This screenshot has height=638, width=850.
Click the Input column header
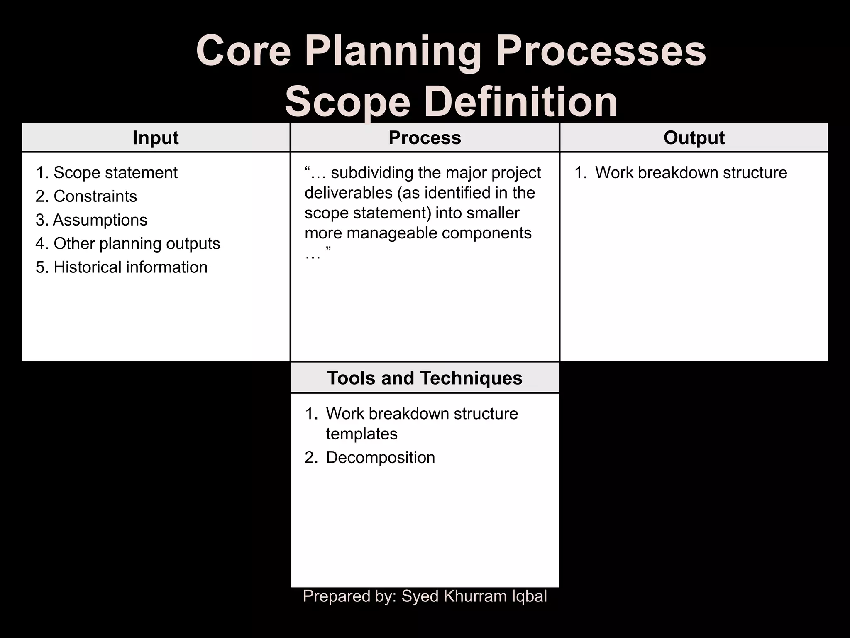156,138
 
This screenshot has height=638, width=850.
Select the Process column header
425,138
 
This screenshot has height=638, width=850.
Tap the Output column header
694,138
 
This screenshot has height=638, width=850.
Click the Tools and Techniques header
425,378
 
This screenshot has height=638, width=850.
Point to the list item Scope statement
115,173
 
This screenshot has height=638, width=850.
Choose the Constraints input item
95,196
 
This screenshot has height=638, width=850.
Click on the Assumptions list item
100,220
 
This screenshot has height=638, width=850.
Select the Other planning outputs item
137,244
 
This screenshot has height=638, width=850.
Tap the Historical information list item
130,267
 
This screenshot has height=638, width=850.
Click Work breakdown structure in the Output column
691,173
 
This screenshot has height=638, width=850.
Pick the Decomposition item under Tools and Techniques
380,458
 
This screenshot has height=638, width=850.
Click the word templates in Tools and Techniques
361,434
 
